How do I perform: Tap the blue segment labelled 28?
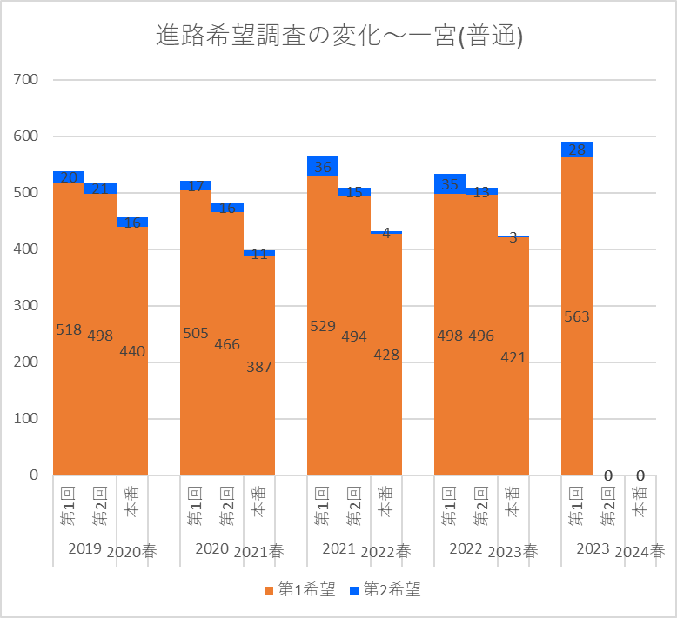click(577, 150)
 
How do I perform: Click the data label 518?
click(69, 330)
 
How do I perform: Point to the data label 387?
click(259, 367)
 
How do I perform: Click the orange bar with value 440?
click(132, 409)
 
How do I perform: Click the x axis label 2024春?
click(640, 551)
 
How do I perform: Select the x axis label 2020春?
click(132, 551)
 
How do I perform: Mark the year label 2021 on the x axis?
click(338, 548)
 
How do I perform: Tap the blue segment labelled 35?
click(450, 183)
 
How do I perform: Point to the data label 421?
click(513, 357)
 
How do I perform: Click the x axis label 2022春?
click(386, 551)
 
